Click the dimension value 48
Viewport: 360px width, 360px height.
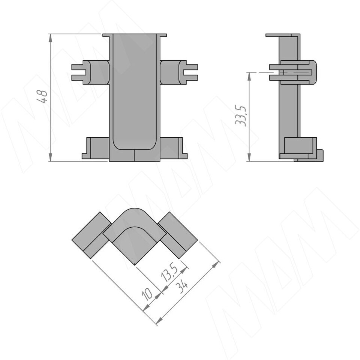tap(42, 96)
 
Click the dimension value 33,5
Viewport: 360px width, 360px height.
tap(241, 116)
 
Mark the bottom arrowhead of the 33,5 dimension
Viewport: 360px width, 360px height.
tap(249, 157)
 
